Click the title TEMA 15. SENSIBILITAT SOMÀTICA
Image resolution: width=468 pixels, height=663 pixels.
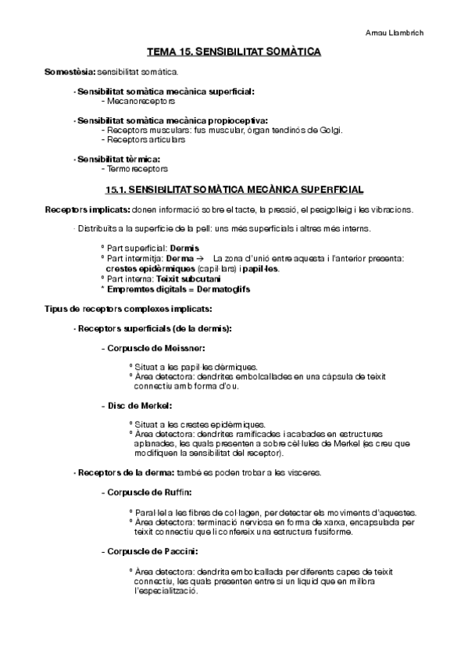[234, 52]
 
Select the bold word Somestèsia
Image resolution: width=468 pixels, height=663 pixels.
[69, 73]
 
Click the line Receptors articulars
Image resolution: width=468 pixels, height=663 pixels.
[146, 140]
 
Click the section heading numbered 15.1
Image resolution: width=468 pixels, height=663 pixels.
[234, 189]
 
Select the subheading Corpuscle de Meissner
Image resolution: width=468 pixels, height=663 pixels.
[154, 347]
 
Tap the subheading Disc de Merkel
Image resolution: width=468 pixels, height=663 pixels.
[137, 405]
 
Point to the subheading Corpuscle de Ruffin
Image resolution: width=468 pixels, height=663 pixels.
[147, 493]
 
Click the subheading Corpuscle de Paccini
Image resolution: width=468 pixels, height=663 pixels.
[148, 551]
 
